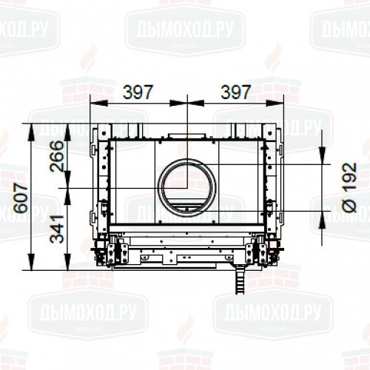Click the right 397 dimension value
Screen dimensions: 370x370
235,92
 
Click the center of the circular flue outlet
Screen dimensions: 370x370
186,187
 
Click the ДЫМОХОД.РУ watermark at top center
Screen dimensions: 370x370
185,32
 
